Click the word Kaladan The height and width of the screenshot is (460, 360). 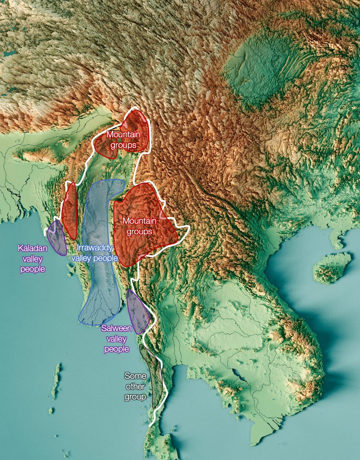pyautogui.click(x=32, y=248)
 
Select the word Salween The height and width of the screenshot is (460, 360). pyautogui.click(x=116, y=328)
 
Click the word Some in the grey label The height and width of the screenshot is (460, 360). pyautogui.click(x=135, y=376)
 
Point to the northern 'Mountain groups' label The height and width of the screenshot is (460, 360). pyautogui.click(x=123, y=139)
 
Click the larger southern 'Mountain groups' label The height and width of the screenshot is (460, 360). pyautogui.click(x=139, y=226)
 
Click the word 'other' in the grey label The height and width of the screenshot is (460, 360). pyautogui.click(x=135, y=386)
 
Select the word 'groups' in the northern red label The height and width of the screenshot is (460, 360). pyautogui.click(x=123, y=145)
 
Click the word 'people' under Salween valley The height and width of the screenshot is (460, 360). pyautogui.click(x=116, y=349)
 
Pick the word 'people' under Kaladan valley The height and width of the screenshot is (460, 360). pyautogui.click(x=32, y=269)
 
